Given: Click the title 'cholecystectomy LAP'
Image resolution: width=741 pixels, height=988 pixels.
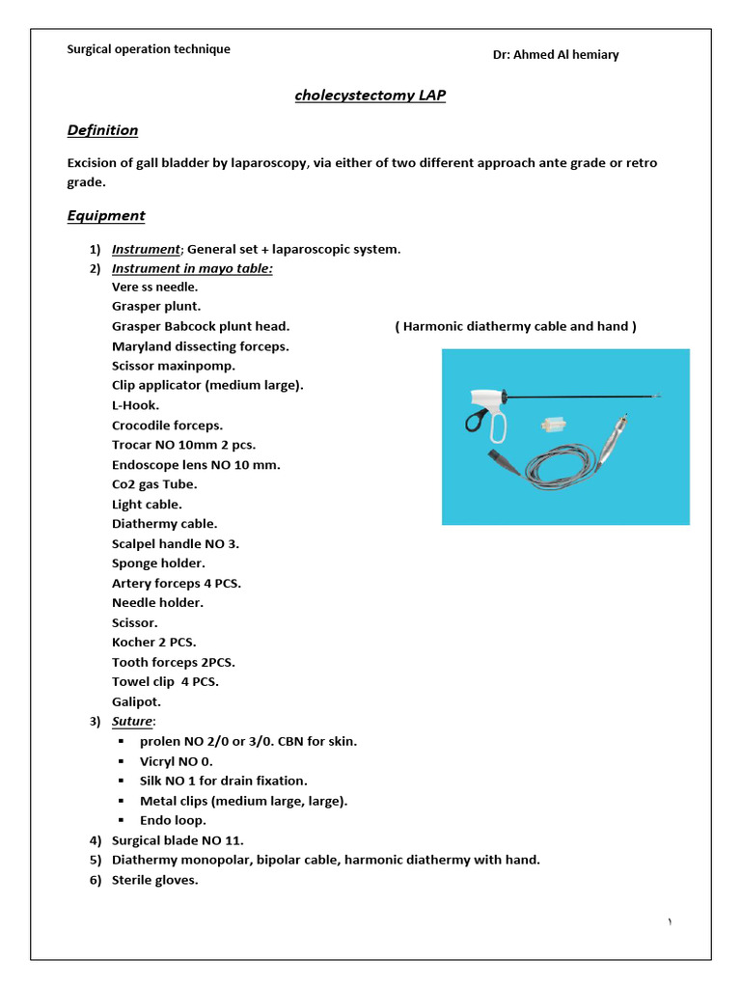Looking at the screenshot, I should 370,96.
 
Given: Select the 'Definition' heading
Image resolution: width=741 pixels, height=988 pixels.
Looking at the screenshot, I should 102,130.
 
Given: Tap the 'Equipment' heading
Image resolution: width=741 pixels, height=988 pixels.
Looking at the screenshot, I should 106,216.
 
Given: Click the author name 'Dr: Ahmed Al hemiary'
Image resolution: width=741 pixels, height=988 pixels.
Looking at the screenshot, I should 555,55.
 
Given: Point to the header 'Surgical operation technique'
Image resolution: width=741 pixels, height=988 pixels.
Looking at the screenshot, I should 149,49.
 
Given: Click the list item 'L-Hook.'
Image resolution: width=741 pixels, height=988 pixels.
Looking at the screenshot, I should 136,405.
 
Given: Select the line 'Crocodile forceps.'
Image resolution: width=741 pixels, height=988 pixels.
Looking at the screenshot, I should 167,425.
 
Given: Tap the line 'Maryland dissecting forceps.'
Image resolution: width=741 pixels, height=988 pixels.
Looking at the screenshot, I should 200,346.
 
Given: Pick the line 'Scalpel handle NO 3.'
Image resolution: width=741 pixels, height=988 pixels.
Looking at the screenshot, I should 176,543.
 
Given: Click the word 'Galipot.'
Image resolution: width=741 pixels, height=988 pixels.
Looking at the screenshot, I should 137,701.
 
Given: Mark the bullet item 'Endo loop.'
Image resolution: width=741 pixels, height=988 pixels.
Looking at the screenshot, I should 173,820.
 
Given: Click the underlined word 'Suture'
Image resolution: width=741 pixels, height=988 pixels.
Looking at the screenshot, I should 132,722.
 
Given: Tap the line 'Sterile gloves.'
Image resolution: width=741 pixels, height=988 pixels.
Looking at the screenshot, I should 155,880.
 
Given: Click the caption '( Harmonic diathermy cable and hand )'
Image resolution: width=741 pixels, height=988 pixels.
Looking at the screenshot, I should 515,327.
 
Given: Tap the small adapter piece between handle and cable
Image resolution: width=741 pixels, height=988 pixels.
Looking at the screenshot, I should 553,425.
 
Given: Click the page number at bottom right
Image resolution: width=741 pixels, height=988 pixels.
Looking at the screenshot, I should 670,923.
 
